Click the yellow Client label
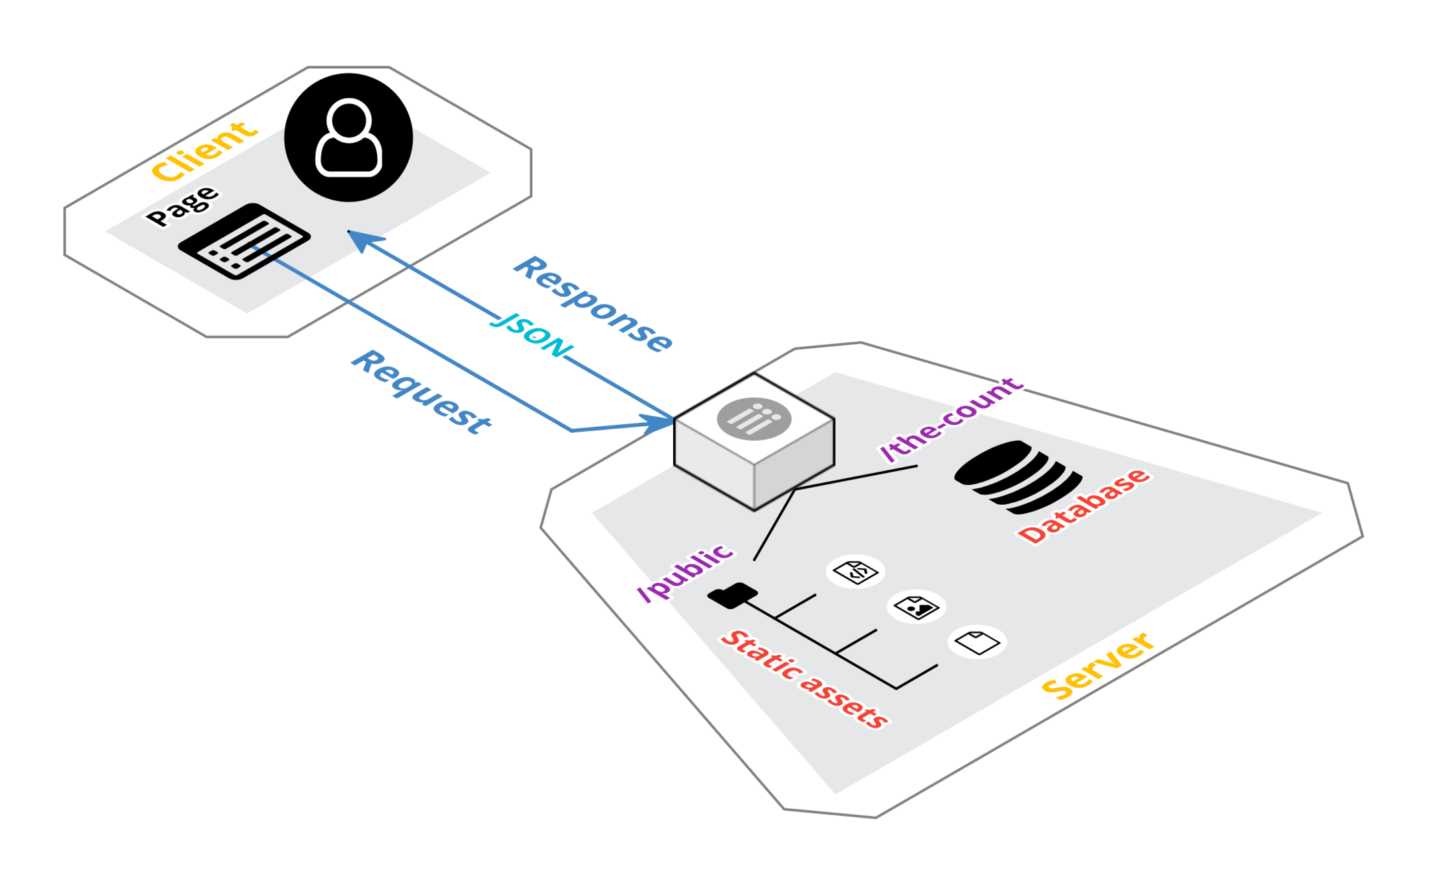tap(203, 151)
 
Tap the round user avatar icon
tap(348, 137)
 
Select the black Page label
tap(182, 206)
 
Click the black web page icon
tap(244, 241)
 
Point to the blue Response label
tap(593, 304)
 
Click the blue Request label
tap(421, 392)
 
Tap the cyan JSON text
tap(534, 336)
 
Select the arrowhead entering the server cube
tap(657, 423)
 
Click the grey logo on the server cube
tap(754, 418)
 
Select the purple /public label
tap(685, 572)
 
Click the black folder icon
tap(733, 595)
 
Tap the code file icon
tap(855, 572)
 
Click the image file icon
tap(916, 607)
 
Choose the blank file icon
tap(977, 642)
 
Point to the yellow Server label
tap(1098, 665)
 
